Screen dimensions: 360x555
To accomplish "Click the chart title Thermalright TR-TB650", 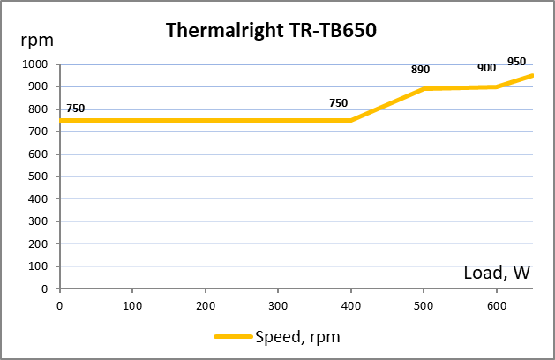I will (272, 32).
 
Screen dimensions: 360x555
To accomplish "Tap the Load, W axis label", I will (497, 273).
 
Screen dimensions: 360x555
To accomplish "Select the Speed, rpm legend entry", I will (277, 336).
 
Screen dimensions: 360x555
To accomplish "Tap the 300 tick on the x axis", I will (278, 304).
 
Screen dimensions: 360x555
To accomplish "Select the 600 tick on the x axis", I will (497, 304).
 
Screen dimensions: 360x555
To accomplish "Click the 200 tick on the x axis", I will (205, 304).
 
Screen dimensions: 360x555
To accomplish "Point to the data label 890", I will (420, 70).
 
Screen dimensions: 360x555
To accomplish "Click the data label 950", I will (516, 62).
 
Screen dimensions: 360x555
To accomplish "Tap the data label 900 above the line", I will (486, 68).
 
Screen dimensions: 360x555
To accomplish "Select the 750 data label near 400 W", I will (338, 102).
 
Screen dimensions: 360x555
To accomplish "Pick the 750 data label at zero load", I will (76, 108).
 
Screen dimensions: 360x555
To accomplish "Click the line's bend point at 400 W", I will (351, 120).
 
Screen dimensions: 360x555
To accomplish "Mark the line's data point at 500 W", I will (424, 89).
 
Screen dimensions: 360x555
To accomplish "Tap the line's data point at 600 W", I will (497, 86).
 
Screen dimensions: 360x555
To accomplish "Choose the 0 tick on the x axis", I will (59, 304).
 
